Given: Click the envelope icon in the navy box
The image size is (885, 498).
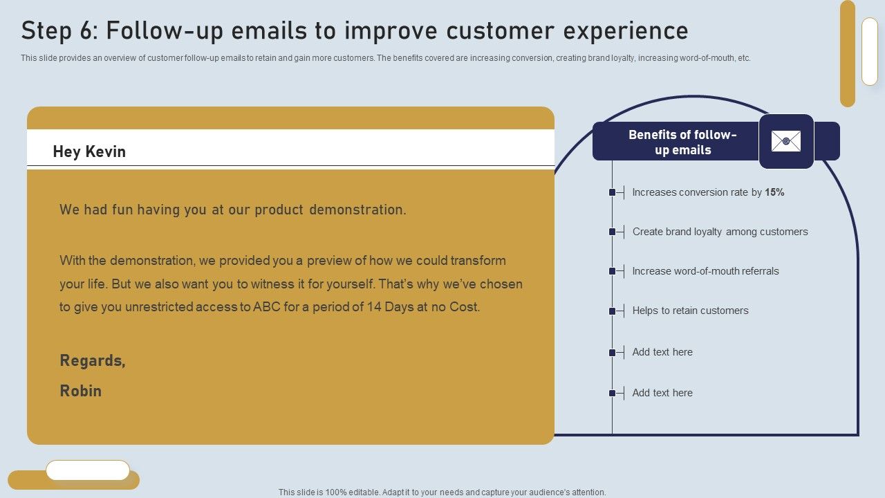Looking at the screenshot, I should point(786,141).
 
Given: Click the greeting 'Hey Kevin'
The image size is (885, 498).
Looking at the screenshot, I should point(89,152).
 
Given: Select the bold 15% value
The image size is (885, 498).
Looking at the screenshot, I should point(774,192).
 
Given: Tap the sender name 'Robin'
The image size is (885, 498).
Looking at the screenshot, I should point(81,391).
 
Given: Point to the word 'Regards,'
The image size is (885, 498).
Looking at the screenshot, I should point(93,360).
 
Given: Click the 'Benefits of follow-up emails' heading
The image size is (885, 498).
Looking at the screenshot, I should point(682,142).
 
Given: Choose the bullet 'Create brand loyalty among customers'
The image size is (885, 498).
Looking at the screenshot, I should point(720,232).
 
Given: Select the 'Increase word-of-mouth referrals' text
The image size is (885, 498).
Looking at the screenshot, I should point(705,271).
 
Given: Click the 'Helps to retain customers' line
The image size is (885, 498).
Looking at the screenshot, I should point(690,311).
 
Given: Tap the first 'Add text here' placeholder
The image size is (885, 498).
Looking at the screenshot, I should point(662,352).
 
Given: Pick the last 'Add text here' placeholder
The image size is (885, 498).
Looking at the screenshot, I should point(662,393).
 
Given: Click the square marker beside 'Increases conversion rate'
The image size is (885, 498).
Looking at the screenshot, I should point(612,192).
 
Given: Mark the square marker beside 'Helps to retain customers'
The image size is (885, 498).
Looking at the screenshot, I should point(612,311).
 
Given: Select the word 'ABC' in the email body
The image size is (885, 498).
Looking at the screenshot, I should point(267,307).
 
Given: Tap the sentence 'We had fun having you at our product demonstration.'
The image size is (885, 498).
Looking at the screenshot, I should point(233,210).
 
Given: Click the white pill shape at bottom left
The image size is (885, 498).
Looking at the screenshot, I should point(88,470).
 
